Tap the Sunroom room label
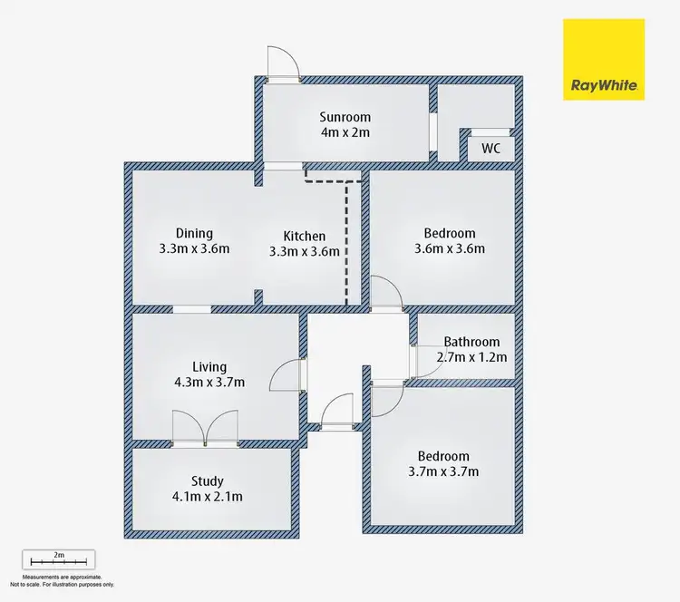coord(345,117)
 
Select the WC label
coord(491,148)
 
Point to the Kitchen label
coord(304,237)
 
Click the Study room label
coord(207,481)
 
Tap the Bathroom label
coord(471,342)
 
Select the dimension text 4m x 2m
coord(345,132)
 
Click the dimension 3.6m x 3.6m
coord(449,248)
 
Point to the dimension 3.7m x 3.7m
coord(443,471)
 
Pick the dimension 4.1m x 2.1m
coord(207,496)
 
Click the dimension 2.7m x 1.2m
coord(471,357)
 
